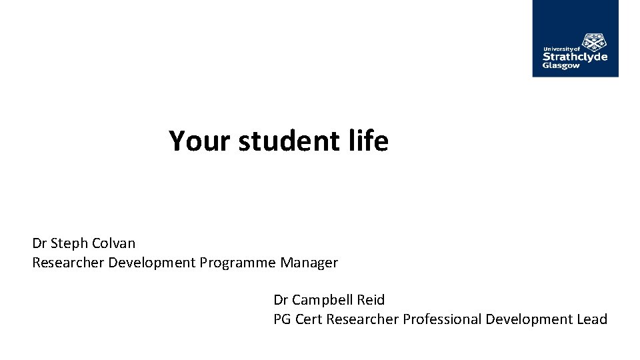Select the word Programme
(237, 263)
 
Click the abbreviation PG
(283, 319)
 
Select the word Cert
(309, 319)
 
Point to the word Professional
(442, 319)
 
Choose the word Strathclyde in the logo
(575, 57)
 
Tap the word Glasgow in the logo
(561, 66)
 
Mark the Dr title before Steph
(39, 243)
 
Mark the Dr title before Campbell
(281, 300)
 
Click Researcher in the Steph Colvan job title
(69, 263)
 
